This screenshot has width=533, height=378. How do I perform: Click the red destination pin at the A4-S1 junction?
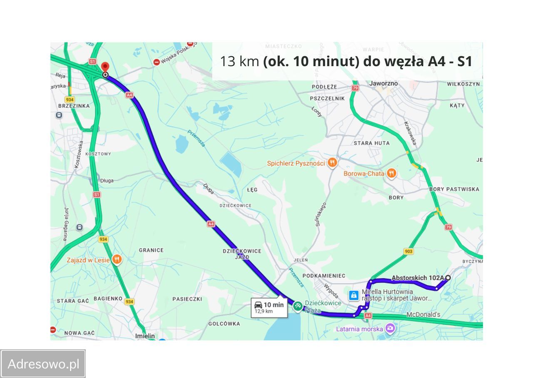(x=105, y=67)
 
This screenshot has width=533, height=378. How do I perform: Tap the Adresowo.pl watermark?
(x=43, y=364)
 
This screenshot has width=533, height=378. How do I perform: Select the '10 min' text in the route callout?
(x=274, y=305)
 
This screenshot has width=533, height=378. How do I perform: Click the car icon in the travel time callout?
(x=258, y=305)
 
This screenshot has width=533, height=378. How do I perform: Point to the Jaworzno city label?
(x=384, y=83)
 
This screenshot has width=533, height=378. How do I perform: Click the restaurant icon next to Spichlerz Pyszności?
(x=332, y=162)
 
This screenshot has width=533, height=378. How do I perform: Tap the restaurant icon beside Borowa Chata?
(x=391, y=173)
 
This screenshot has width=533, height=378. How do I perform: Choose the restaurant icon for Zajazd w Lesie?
(x=117, y=260)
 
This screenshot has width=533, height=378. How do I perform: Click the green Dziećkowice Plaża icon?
(x=297, y=306)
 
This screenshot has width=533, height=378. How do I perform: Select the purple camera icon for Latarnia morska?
(x=390, y=328)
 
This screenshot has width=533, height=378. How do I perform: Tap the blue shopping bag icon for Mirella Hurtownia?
(x=354, y=295)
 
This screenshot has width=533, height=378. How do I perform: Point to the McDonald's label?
(x=423, y=315)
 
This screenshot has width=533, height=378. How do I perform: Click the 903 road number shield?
(x=408, y=251)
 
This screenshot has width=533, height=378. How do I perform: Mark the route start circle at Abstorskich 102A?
(x=448, y=278)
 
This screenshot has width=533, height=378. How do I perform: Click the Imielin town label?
(x=145, y=336)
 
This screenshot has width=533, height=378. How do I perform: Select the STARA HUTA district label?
(x=371, y=143)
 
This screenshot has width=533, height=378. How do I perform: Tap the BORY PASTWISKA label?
(x=454, y=189)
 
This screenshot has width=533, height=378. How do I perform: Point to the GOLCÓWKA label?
(x=224, y=323)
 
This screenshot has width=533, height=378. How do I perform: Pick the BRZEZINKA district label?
(x=74, y=106)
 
